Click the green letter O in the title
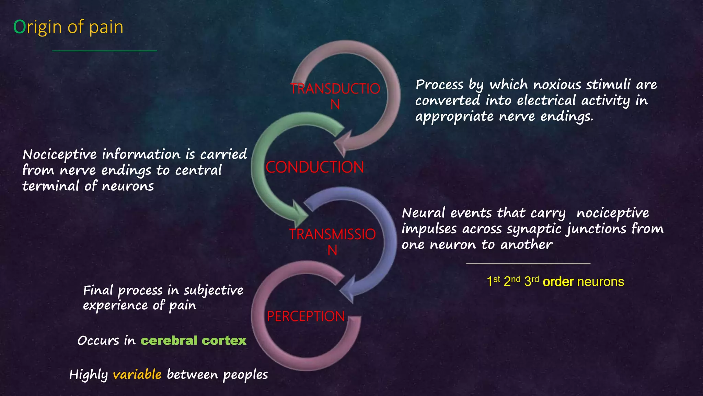20,27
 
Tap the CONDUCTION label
314,167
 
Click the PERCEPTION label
306,316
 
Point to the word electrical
546,100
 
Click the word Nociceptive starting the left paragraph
60,155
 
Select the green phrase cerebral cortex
193,341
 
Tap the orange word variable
137,374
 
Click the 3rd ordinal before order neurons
531,281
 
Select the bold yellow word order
558,282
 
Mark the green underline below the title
105,51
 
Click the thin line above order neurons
528,263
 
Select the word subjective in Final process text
213,290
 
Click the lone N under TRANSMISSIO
332,250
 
